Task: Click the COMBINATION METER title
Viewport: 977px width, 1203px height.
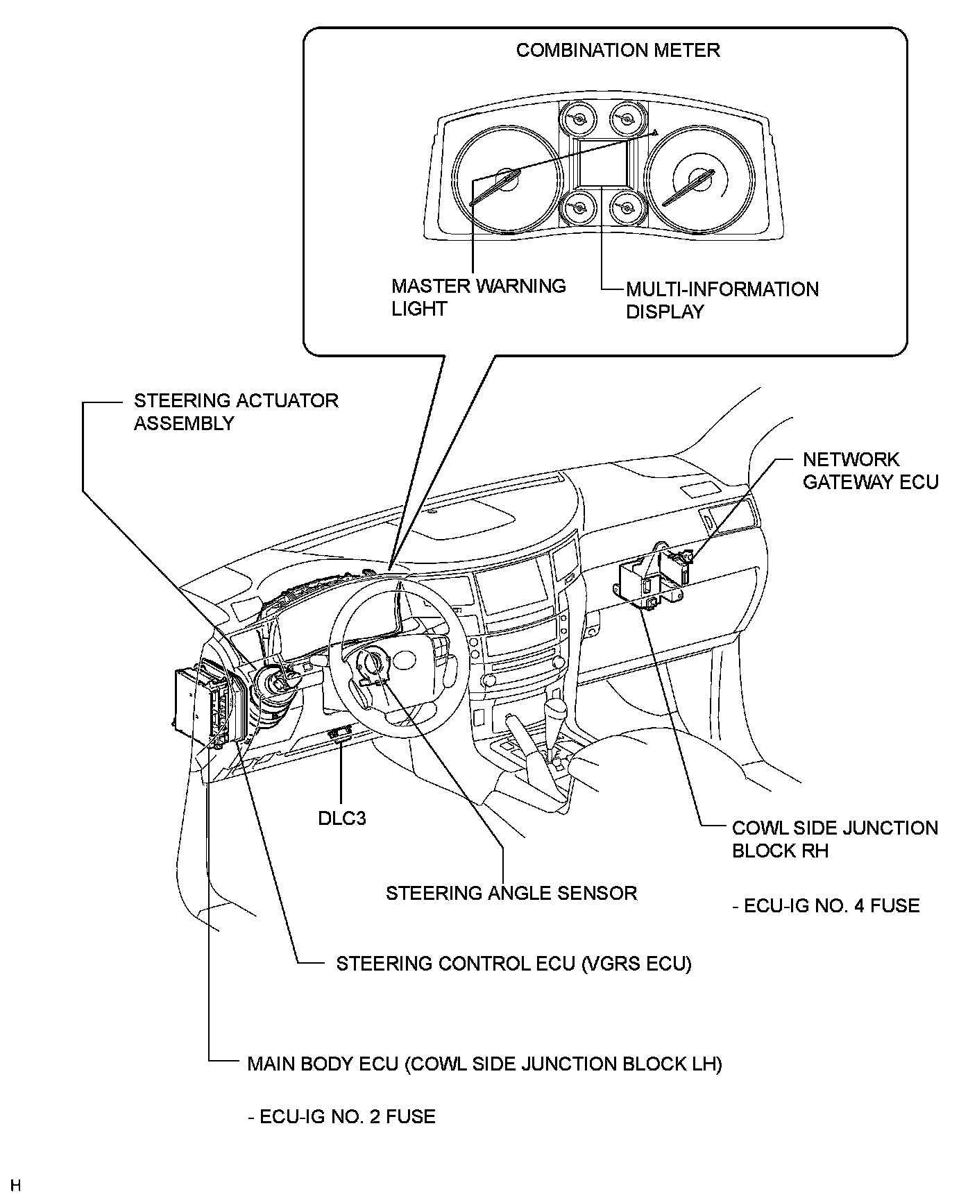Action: coord(618,51)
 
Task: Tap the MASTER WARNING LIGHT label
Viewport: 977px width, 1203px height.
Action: coord(478,297)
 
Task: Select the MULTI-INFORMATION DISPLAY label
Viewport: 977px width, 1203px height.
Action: coord(722,300)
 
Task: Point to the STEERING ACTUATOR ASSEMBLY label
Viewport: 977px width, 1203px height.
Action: coord(236,411)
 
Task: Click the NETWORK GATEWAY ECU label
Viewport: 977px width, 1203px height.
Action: coord(870,470)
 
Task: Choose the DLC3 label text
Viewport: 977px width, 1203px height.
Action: coord(341,818)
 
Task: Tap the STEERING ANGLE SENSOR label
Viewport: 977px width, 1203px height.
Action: coord(511,892)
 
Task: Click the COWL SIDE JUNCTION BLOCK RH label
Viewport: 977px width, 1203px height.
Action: coord(835,839)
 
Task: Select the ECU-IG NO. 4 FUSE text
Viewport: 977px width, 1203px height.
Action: coord(826,905)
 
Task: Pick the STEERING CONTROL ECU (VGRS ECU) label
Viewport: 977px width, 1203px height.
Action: coord(513,964)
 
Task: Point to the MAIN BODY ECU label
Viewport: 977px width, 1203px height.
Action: coord(484,1064)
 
